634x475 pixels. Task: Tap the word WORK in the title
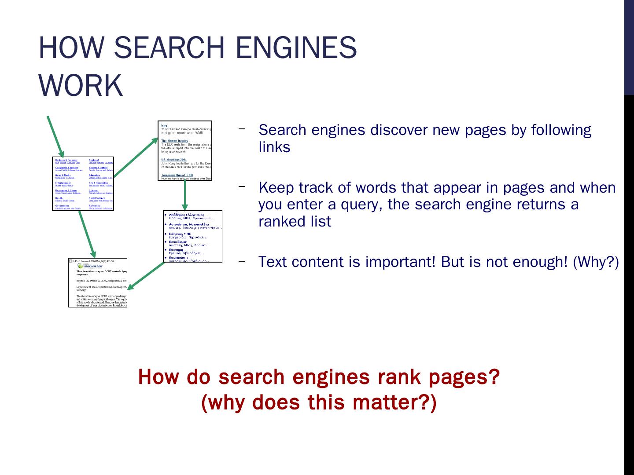81,85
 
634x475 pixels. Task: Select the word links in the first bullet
274,147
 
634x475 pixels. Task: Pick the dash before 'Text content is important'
242,261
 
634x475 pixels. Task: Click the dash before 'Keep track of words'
242,186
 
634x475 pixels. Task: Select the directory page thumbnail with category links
83,183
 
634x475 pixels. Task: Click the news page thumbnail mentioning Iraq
185,151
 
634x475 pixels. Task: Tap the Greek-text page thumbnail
192,236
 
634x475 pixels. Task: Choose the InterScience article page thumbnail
97,282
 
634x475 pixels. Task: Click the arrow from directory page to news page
136,157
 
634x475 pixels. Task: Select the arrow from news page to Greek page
185,195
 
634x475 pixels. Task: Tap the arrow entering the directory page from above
55,136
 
